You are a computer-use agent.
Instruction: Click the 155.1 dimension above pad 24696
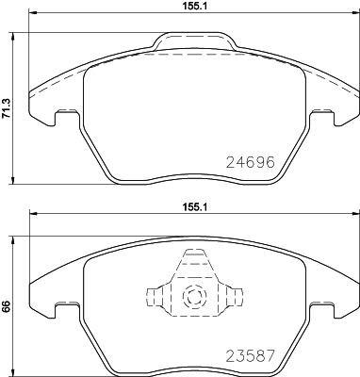coord(195,6)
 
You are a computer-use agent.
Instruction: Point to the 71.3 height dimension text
coord(7,111)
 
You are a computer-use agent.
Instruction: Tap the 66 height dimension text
coord(7,305)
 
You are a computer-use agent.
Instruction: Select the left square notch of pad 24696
coord(66,117)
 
